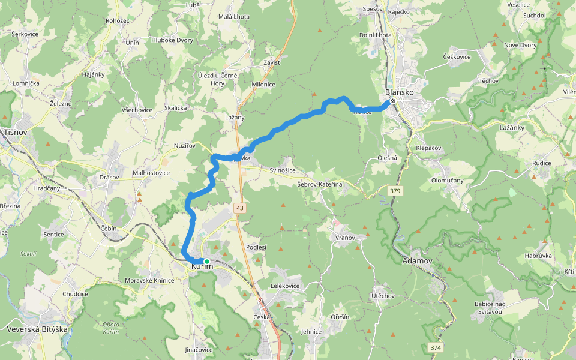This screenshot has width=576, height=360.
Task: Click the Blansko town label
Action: point(399,92)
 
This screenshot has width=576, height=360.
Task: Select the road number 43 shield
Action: point(240,208)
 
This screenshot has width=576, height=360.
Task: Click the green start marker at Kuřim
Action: point(206,262)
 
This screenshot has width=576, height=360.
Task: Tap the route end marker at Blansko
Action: point(392,101)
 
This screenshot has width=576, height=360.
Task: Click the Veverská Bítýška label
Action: point(37,329)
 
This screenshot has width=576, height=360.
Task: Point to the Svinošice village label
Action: point(283,170)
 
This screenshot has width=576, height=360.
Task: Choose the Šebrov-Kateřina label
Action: point(319,184)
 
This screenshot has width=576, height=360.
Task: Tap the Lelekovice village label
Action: point(285,286)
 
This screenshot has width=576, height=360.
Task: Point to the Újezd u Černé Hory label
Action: point(218,79)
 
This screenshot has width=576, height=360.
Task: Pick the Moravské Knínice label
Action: point(149,281)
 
